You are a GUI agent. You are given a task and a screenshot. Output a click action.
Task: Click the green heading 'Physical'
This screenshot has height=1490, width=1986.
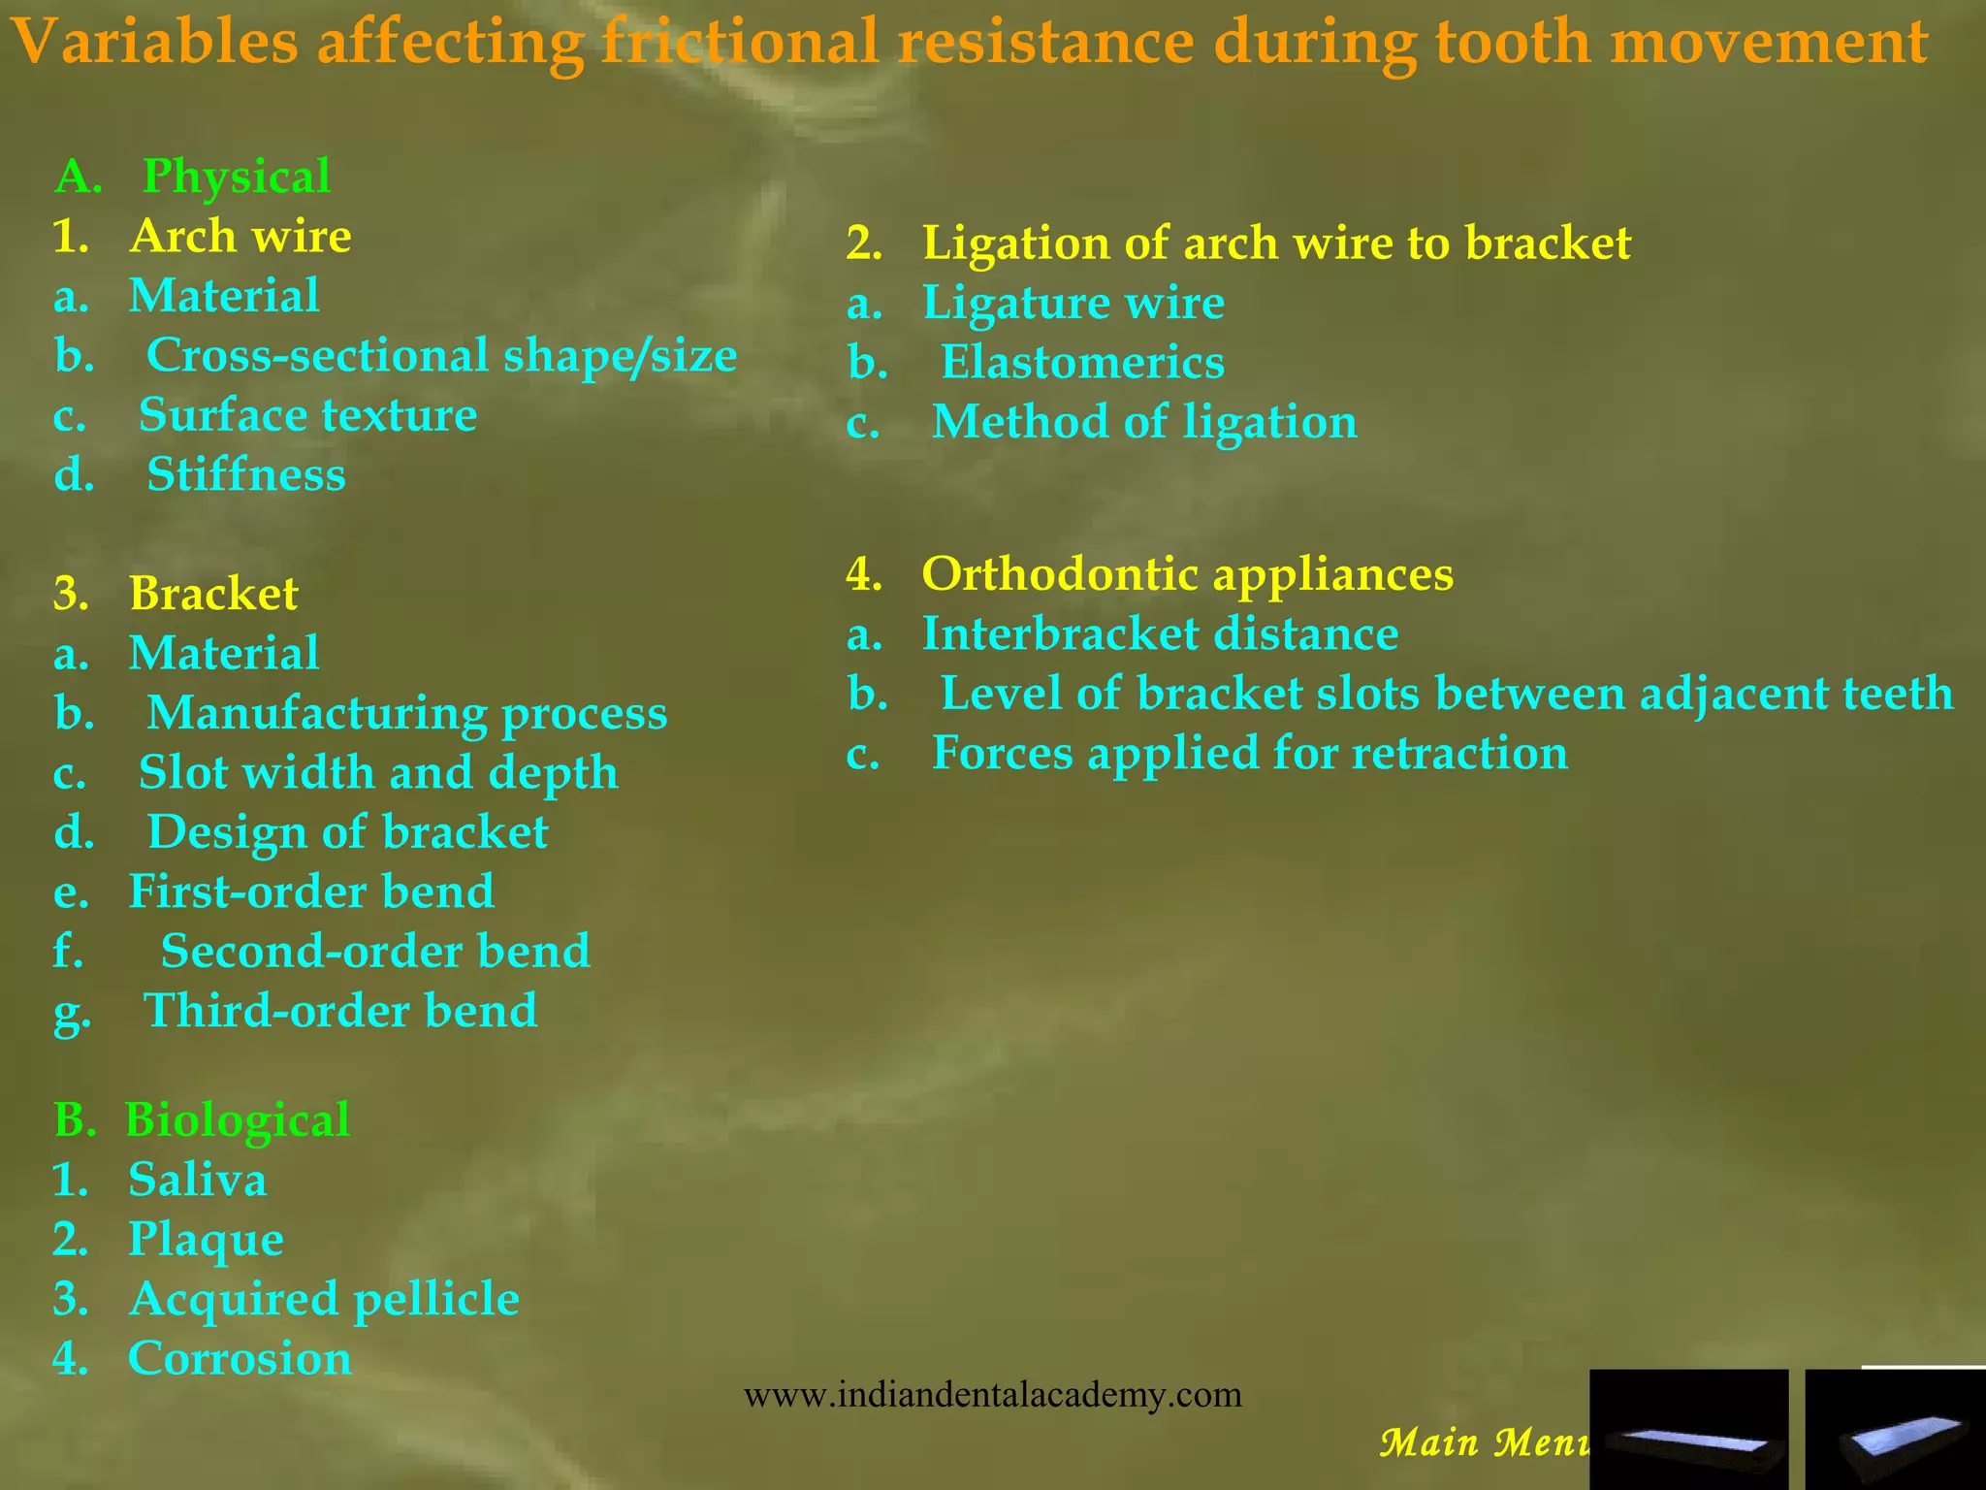237,177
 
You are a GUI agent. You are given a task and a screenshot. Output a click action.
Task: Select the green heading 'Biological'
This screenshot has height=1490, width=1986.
237,1119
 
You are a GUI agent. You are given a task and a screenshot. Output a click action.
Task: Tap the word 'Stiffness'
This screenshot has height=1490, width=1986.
246,474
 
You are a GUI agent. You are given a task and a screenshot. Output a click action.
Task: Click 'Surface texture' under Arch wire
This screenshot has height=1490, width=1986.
307,415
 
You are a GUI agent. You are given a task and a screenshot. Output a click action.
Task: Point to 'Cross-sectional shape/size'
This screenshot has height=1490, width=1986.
441,355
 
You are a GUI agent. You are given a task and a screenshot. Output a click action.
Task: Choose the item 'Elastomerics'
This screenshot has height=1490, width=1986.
1082,363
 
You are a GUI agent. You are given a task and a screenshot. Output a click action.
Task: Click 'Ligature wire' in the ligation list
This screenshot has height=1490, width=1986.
1073,303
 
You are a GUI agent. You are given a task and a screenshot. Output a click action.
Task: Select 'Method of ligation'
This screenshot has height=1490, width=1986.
1144,422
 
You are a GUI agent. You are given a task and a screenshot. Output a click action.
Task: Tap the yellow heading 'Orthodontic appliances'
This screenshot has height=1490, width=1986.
1187,573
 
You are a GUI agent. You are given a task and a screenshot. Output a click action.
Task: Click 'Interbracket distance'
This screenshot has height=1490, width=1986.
1160,633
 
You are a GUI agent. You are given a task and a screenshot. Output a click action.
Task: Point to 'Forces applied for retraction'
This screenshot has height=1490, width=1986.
1249,753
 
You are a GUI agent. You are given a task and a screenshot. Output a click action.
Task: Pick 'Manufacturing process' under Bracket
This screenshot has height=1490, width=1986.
407,713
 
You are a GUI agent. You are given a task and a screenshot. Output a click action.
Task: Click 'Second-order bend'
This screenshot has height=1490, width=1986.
375,951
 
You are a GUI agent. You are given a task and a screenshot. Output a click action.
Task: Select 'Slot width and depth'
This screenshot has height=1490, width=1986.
378,772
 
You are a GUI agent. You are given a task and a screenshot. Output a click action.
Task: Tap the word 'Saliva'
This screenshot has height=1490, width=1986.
197,1180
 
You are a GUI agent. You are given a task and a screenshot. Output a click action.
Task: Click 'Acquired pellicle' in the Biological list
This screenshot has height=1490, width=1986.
324,1299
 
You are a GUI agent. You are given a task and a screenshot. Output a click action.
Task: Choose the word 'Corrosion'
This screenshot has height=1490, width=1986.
240,1358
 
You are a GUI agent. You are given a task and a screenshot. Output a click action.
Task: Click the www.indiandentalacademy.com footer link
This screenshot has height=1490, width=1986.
992,1395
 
